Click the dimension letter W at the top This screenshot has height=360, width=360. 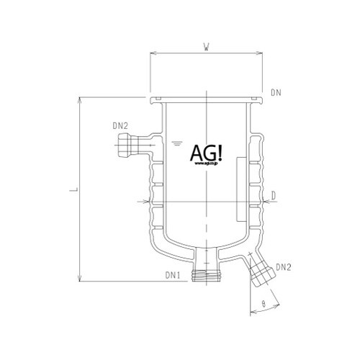click(x=206, y=48)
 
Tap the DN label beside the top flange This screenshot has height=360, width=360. click(x=276, y=92)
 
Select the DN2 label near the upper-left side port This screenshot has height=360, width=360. click(x=120, y=126)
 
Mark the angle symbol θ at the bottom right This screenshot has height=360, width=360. click(x=264, y=305)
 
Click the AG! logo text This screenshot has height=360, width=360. click(x=207, y=153)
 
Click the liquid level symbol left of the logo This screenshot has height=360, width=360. click(x=177, y=144)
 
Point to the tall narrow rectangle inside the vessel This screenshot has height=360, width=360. click(x=240, y=193)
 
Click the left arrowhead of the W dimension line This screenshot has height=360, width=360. click(x=153, y=55)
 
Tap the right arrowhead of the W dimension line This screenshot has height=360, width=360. click(x=261, y=55)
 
